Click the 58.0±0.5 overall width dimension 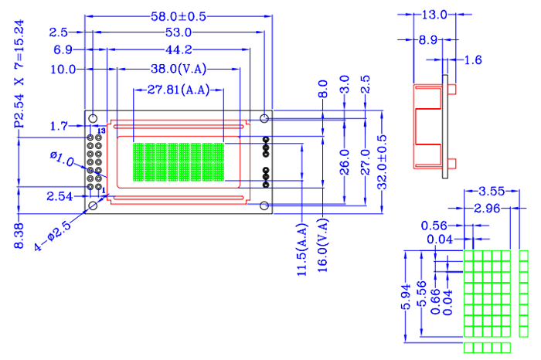tap(179, 16)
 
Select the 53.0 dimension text tap(179, 32)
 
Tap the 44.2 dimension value tap(179, 49)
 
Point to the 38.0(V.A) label tap(179, 69)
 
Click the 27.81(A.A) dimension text tap(179, 90)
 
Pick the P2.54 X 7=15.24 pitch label tap(19, 74)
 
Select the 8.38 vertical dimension tap(19, 236)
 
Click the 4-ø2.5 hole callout tap(53, 236)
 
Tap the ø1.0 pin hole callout tap(62, 159)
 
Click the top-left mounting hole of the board tap(93, 119)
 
